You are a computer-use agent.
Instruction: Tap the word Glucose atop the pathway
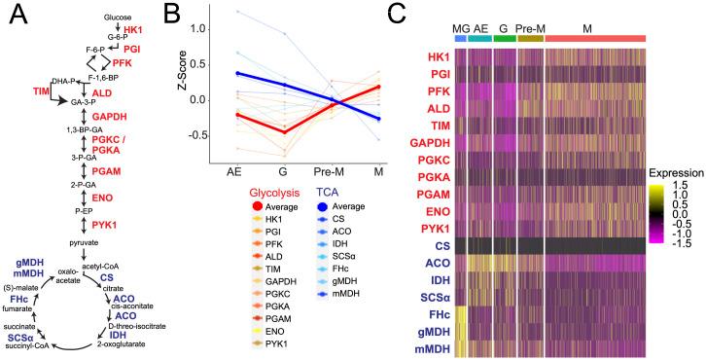coord(118,18)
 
